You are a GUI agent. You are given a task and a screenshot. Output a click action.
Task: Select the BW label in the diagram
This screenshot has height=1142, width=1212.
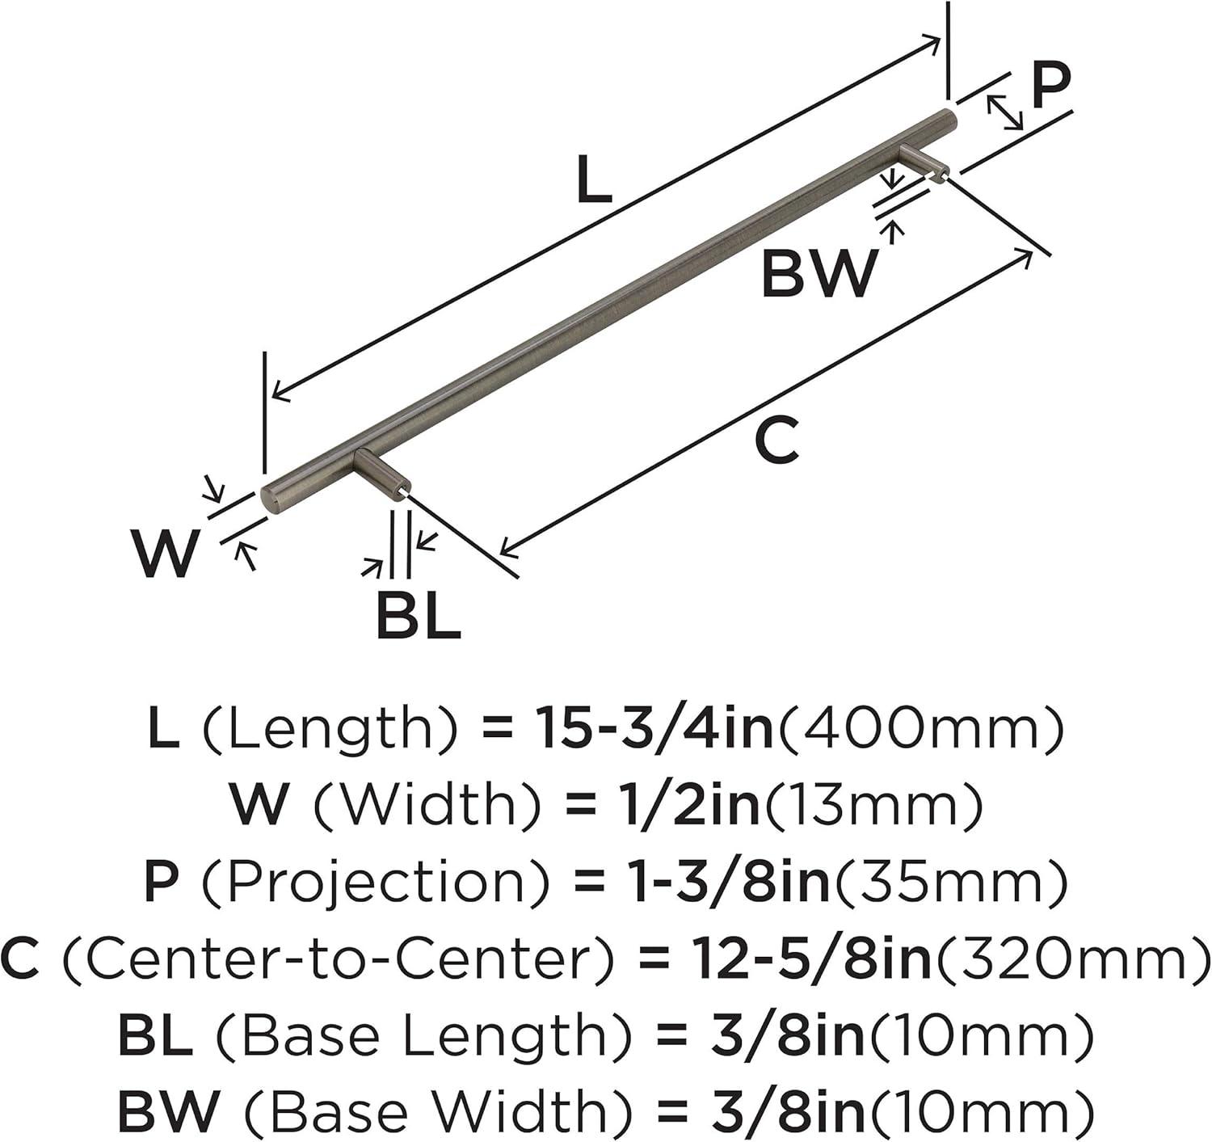[x=819, y=274]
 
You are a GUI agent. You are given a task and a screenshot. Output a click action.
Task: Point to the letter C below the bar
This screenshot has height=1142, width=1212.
[x=776, y=438]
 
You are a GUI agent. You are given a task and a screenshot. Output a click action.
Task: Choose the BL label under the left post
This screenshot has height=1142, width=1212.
[x=419, y=619]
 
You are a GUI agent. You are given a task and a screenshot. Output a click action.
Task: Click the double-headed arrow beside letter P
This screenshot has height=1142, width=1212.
[x=1004, y=112]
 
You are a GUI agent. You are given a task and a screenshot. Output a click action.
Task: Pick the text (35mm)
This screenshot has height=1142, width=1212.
[x=949, y=883]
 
